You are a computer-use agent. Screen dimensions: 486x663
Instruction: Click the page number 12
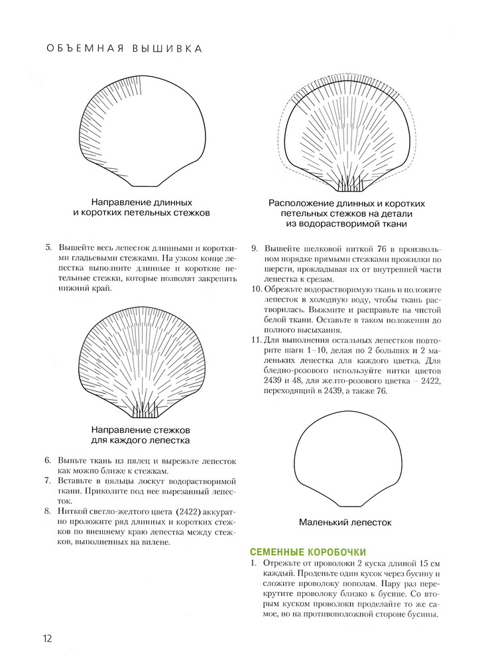tap(47, 638)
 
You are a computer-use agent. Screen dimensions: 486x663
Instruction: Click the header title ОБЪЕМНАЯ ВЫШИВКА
tap(123, 48)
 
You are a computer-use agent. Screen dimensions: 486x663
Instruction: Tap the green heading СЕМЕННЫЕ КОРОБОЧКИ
tap(308, 552)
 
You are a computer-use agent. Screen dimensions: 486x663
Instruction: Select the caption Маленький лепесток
tap(345, 522)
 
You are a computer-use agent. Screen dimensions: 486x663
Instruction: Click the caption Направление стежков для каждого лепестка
tap(141, 435)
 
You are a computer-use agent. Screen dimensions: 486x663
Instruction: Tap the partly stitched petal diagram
tap(142, 131)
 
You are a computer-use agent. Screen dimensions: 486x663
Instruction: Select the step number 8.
tap(47, 511)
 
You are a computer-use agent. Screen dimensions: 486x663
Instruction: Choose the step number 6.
tap(47, 461)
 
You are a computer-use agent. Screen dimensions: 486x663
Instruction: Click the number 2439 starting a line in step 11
tap(273, 381)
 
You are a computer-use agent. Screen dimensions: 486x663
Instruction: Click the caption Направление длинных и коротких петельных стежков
tap(141, 208)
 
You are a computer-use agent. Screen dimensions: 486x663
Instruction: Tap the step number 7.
tap(47, 481)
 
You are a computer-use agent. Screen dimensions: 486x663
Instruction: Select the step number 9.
tap(254, 249)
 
